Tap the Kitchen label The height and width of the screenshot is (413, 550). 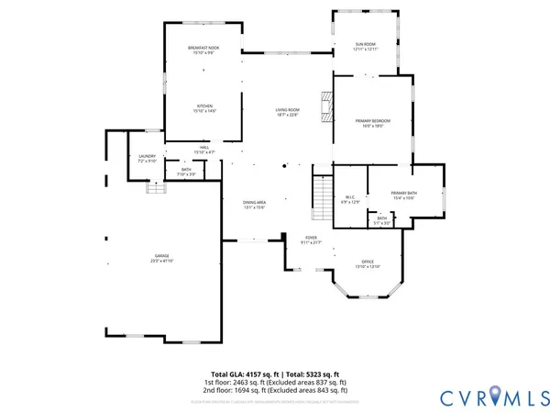204,108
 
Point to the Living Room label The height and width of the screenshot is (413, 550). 287,112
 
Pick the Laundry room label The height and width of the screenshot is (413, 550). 147,158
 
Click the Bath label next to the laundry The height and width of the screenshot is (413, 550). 186,172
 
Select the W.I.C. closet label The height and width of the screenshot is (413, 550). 350,198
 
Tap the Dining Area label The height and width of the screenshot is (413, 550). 254,205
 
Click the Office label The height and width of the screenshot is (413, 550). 367,264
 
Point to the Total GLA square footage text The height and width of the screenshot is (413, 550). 275,374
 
